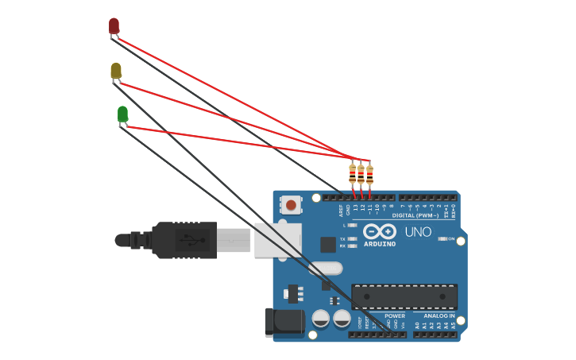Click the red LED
point(114,26)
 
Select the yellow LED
point(116,71)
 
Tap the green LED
point(122,114)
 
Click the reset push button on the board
point(291,205)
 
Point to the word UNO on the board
point(418,233)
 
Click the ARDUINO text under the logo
point(380,244)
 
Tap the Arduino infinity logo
point(380,232)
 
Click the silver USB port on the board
point(277,239)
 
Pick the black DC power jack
point(284,322)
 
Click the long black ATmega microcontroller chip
point(404,296)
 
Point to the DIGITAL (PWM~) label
point(416,215)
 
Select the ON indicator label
point(451,238)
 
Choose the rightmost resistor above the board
point(369,174)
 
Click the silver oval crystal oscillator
point(325,269)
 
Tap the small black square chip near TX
point(327,245)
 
